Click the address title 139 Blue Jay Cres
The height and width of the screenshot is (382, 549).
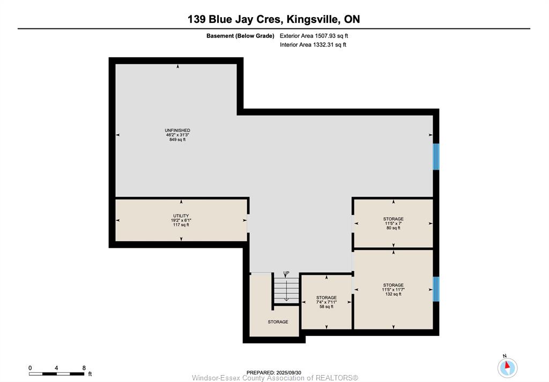[235, 19]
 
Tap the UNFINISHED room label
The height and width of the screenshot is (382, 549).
[177, 131]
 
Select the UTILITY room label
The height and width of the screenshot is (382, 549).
[181, 216]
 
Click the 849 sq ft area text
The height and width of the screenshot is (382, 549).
[177, 140]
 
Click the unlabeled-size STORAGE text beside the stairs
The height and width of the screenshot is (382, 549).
[278, 322]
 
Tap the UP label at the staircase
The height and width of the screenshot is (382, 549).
[286, 273]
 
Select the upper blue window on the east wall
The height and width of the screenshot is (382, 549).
[436, 157]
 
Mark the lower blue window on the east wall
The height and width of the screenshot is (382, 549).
[436, 289]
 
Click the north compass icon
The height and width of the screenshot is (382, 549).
[507, 368]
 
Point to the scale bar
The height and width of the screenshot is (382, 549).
[57, 374]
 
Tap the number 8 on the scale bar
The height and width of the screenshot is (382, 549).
[84, 368]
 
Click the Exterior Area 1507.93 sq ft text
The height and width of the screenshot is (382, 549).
[314, 36]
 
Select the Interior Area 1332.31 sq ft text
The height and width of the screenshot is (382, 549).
[313, 45]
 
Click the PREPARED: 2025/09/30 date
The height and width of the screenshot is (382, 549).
[274, 372]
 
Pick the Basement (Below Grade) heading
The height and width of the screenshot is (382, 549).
[240, 36]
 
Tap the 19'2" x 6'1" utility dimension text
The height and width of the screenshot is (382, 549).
[181, 220]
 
